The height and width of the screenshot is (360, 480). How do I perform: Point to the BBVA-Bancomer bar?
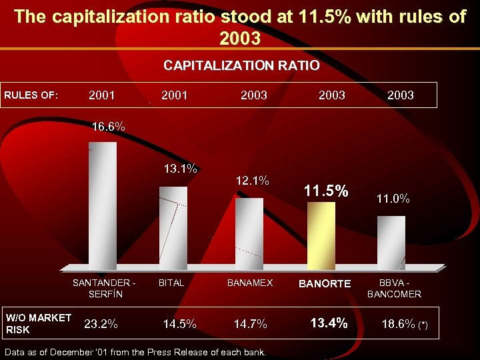(x=391, y=241)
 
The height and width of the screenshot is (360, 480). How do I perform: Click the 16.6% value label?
(x=108, y=127)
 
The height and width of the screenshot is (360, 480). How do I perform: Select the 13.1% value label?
(x=180, y=169)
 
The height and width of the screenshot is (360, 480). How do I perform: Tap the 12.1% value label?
(x=252, y=181)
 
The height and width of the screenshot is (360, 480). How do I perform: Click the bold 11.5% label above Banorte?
(x=325, y=191)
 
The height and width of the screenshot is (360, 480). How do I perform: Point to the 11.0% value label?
(x=393, y=198)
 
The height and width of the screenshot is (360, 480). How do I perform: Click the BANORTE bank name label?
(x=325, y=283)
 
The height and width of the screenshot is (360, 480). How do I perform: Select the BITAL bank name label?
(x=171, y=283)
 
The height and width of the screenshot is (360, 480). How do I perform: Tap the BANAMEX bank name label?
(x=250, y=283)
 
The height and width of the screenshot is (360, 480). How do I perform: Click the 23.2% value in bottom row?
(x=101, y=324)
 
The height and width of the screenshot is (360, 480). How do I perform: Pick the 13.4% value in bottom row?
(x=329, y=323)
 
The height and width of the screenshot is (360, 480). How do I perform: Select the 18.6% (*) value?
(x=404, y=324)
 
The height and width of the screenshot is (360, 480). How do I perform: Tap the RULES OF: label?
(x=31, y=95)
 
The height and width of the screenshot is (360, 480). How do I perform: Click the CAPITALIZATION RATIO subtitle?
(x=241, y=65)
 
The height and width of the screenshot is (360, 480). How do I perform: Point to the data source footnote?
(x=135, y=352)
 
